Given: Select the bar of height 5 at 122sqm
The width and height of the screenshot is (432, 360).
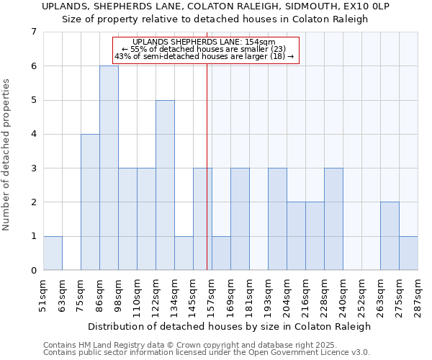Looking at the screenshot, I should [165, 185].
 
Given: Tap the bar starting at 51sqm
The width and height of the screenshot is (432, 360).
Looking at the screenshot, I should [53, 253].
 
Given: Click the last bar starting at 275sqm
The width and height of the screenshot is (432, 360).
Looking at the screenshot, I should [408, 253].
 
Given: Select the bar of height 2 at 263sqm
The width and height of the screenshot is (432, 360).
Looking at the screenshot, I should [390, 236].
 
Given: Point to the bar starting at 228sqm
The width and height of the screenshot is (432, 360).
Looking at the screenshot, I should [333, 219].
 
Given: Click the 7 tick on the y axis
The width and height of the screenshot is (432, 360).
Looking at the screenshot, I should [33, 32].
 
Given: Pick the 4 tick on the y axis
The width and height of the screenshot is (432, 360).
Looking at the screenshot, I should [33, 134].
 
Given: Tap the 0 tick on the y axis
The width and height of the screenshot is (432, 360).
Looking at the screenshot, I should [33, 271].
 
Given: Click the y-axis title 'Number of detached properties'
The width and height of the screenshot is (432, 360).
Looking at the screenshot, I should [8, 155].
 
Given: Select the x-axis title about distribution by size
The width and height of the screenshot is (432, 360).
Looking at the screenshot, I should [230, 326].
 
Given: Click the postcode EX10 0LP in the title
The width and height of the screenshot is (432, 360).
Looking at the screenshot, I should [369, 6].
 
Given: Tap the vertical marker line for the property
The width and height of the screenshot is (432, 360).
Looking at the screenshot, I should [207, 166].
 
